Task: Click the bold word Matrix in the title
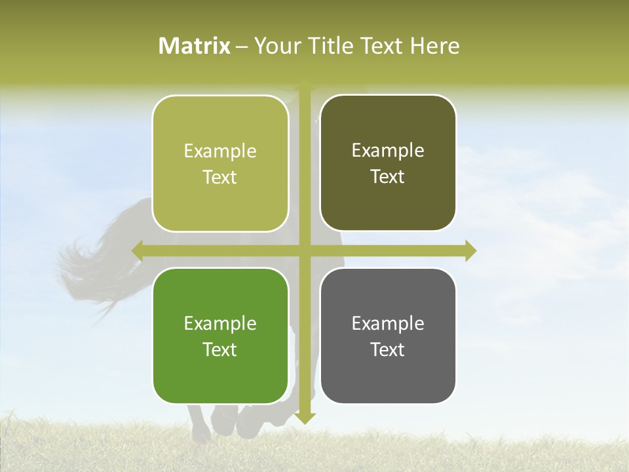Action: (x=195, y=46)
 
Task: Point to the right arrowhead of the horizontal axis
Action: (x=470, y=250)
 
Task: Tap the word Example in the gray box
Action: (x=388, y=323)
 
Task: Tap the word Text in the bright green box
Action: (x=219, y=349)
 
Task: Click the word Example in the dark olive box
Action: (x=388, y=150)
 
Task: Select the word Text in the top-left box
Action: (x=219, y=177)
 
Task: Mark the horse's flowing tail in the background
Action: (x=92, y=262)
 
